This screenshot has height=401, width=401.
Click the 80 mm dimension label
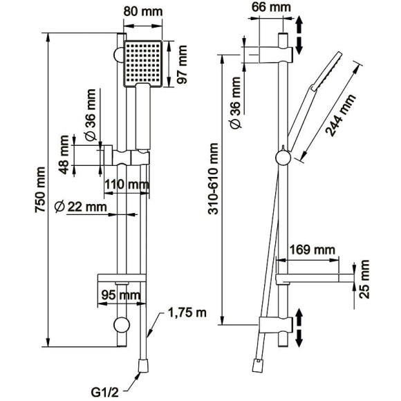pyautogui.click(x=143, y=12)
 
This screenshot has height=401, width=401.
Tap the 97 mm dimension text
pyautogui.click(x=183, y=64)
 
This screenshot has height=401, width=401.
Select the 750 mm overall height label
pyautogui.click(x=40, y=189)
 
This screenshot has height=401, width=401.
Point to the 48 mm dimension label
pyautogui.click(x=64, y=155)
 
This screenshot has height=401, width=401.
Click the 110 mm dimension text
pyautogui.click(x=127, y=184)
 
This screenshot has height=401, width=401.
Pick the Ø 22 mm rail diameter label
pyautogui.click(x=81, y=207)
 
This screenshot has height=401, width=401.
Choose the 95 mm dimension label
pyautogui.click(x=121, y=295)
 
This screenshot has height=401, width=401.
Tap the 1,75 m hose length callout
pyautogui.click(x=187, y=313)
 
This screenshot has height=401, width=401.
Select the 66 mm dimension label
pyautogui.click(x=271, y=7)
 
